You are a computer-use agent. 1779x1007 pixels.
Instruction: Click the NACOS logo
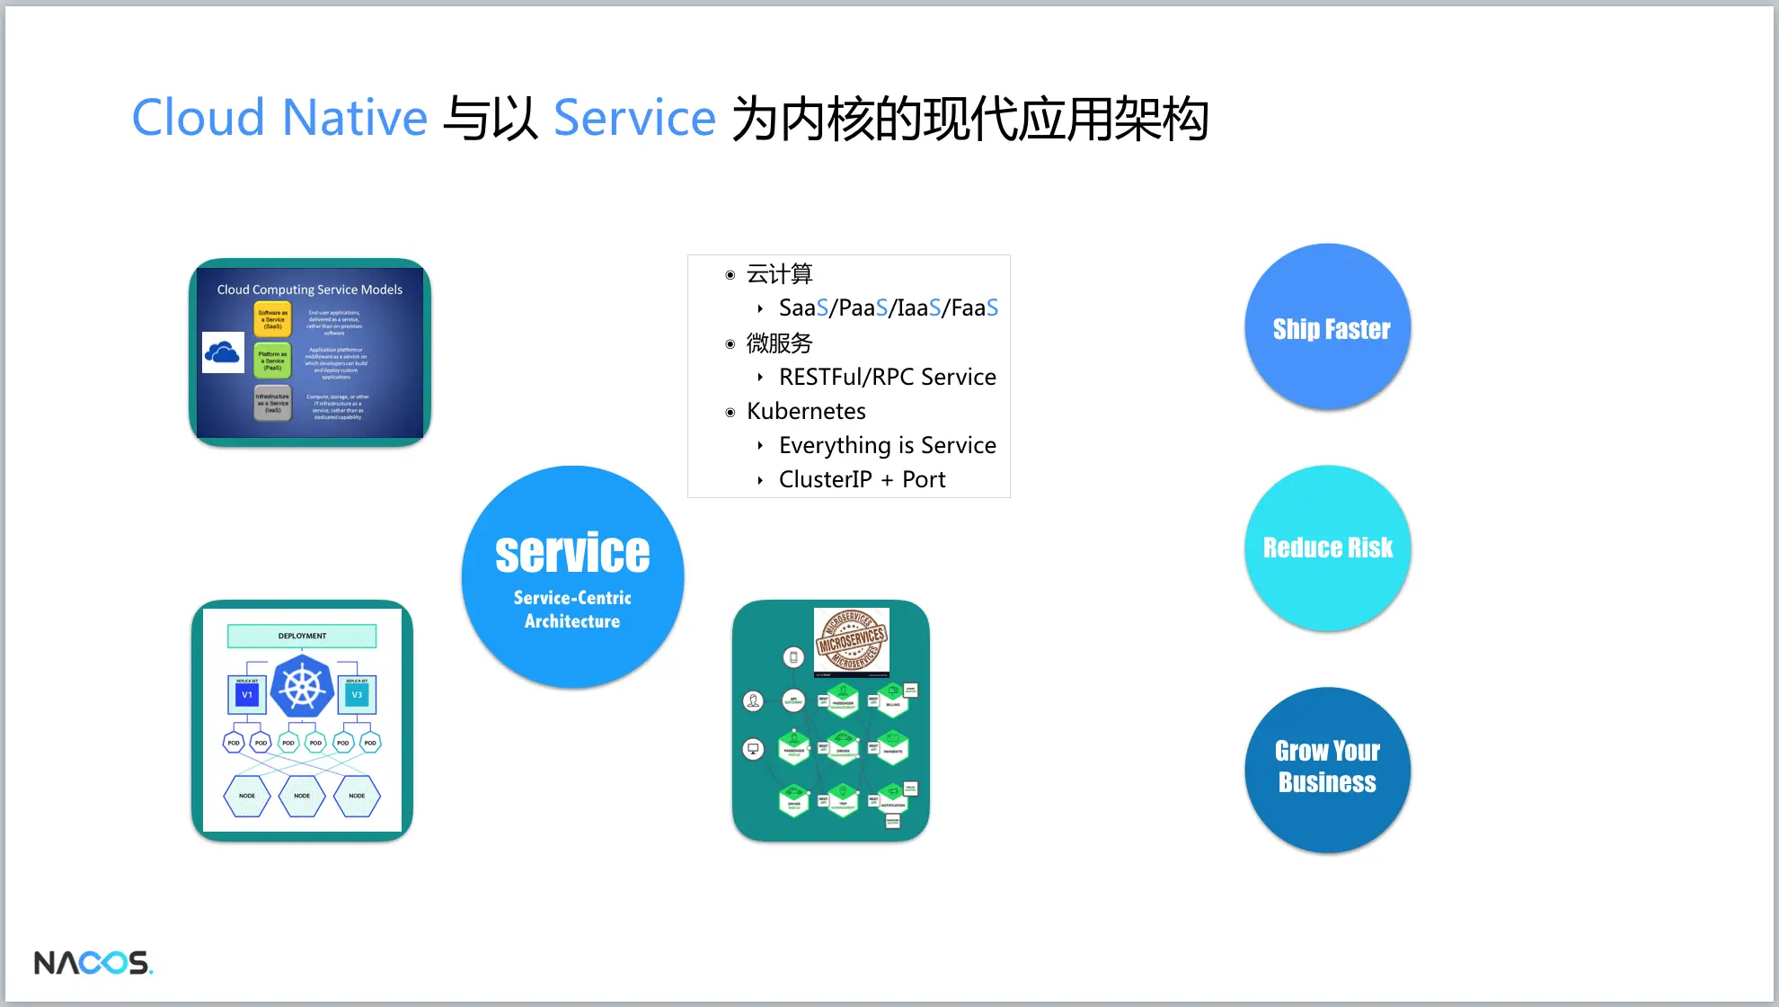click(93, 962)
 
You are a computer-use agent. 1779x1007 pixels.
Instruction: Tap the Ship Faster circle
click(1328, 327)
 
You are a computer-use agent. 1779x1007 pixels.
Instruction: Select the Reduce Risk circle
click(1328, 548)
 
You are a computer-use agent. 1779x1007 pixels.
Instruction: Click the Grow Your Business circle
click(1328, 769)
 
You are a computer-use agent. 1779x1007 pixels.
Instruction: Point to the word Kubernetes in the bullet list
click(806, 411)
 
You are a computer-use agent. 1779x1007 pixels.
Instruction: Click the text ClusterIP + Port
click(862, 479)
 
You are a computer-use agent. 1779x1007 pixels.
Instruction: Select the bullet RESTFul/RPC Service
click(887, 377)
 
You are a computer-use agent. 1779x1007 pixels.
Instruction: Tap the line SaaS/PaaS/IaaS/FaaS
click(888, 308)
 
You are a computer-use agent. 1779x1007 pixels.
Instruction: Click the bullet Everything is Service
click(887, 445)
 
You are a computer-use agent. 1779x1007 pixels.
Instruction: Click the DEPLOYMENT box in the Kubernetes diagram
click(302, 636)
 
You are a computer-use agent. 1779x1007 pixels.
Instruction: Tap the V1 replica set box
click(247, 694)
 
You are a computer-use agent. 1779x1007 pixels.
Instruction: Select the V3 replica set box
click(357, 694)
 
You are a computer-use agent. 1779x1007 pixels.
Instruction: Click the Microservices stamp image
click(851, 640)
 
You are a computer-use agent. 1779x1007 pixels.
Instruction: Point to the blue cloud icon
click(223, 352)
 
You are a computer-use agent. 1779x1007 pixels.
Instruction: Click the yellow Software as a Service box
click(273, 319)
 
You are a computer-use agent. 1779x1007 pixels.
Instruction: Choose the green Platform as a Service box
click(273, 361)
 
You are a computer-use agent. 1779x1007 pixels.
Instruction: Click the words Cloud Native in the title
click(279, 118)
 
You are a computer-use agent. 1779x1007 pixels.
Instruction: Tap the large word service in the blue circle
click(572, 553)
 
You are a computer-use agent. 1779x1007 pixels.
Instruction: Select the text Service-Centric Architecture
click(572, 609)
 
